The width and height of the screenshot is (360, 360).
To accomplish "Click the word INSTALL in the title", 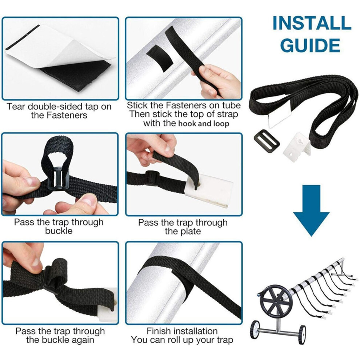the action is click(x=312, y=23).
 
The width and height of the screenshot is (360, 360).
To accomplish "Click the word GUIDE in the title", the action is click(x=310, y=45).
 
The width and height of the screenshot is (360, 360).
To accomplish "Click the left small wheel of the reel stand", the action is click(x=255, y=329).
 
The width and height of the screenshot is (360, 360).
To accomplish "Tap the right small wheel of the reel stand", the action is click(x=303, y=335).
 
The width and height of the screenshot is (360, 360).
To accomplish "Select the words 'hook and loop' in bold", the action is click(x=204, y=124).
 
